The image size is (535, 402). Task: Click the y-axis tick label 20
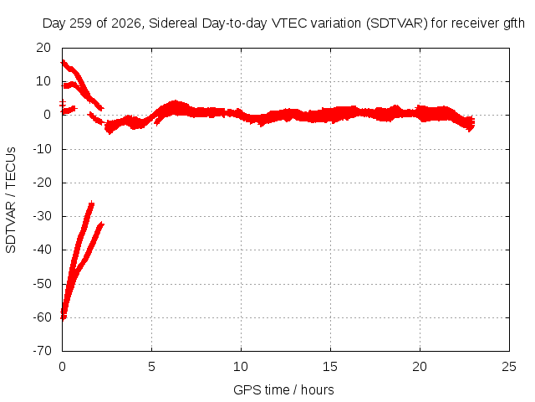coord(43,48)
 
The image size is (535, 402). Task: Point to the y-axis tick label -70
coord(42,351)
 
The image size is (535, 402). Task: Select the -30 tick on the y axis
coord(42,216)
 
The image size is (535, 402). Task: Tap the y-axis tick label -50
coord(42,284)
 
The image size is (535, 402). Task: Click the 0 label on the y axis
coord(48,115)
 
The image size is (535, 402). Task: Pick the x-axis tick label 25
coord(509,367)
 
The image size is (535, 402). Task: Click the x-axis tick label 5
coord(151,367)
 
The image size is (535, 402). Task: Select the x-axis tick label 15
coord(330,367)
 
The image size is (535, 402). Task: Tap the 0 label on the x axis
coord(62,367)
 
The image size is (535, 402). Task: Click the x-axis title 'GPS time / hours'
coord(283,390)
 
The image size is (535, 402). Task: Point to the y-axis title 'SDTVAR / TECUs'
coord(11,200)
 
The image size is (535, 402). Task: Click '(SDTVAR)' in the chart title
coord(397,23)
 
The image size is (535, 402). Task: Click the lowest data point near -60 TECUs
coord(64,318)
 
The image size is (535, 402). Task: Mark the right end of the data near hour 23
coord(473,122)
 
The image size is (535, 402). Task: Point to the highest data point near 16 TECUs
coord(64,62)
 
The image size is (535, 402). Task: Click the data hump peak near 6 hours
coord(175,102)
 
